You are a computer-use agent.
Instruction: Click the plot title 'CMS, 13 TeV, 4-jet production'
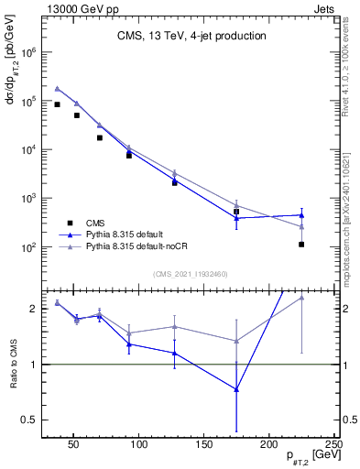click(191, 37)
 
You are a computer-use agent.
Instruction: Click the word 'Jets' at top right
click(325, 7)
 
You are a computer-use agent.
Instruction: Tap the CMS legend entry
click(95, 223)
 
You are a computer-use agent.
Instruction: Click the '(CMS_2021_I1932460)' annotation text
click(191, 274)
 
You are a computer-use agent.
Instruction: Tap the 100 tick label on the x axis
click(139, 443)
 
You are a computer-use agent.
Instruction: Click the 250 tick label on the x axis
click(333, 443)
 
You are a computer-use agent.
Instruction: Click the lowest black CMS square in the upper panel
click(301, 245)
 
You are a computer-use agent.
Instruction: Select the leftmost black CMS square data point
click(57, 104)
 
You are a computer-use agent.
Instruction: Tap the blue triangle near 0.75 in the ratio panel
click(236, 389)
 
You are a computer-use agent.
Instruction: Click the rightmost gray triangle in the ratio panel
click(301, 297)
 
